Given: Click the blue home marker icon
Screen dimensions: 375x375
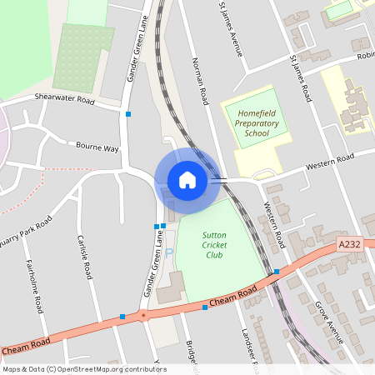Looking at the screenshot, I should click(187, 179).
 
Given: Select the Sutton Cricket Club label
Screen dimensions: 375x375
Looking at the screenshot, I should click(213, 245).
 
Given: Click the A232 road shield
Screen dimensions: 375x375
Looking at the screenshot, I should click(349, 244).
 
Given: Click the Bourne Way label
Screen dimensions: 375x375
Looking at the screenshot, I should click(97, 147).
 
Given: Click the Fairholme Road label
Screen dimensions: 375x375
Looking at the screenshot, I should click(37, 287).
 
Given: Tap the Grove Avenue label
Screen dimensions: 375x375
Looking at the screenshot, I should click(328, 321).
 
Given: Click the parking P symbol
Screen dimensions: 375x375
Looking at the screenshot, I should click(169, 252).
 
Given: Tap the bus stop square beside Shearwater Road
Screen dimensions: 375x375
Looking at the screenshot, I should click(128, 114).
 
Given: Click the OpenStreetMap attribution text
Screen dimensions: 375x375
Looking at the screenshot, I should click(84, 369).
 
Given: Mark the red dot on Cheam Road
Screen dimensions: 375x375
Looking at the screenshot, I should click(143, 316).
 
